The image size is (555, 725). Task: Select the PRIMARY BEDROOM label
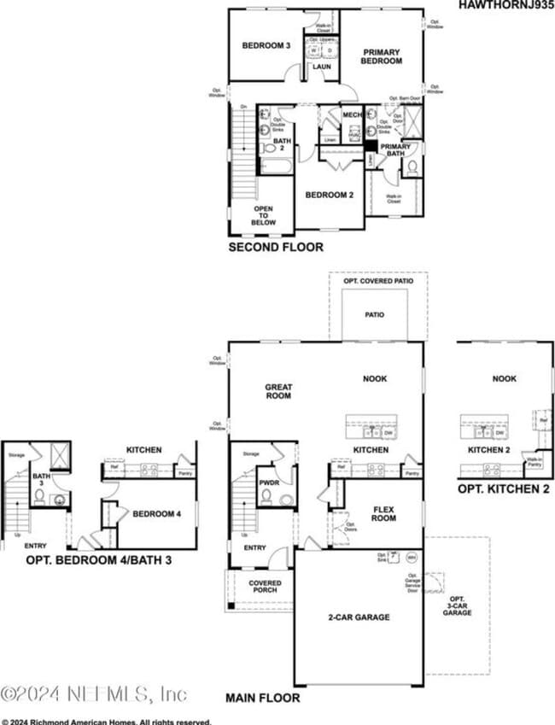tap(381, 56)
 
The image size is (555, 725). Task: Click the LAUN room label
tap(322, 66)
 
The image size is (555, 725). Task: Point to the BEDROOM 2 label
tap(330, 195)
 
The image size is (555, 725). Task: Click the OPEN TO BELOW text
tap(263, 214)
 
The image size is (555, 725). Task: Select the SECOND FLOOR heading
tap(275, 248)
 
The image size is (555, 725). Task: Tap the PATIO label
tap(374, 314)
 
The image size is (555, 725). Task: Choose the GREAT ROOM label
tap(278, 391)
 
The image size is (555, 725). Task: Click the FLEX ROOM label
tap(384, 512)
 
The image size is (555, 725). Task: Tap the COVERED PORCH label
tap(265, 588)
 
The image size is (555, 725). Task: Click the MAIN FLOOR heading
tap(263, 698)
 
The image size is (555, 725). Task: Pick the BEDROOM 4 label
tap(156, 513)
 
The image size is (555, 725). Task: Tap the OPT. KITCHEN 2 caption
tap(504, 488)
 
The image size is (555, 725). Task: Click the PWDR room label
tap(269, 482)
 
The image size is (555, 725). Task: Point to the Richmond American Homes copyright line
tap(106, 720)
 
